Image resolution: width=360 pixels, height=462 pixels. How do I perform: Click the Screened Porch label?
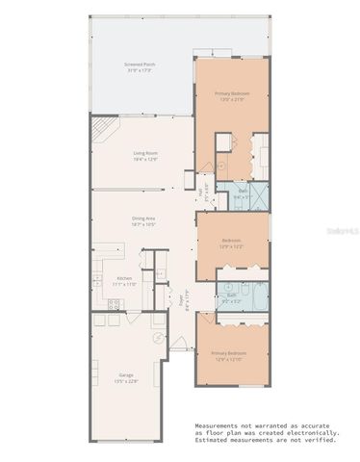point(141,67)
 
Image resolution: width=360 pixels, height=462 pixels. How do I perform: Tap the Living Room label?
point(144,155)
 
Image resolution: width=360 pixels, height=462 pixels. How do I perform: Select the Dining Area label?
point(144,220)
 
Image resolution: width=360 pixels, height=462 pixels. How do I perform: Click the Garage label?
point(126,377)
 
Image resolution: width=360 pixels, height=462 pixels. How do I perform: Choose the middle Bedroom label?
point(231,243)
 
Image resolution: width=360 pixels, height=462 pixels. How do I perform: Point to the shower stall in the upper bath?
point(255,193)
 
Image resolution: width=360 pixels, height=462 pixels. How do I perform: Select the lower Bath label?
point(231,298)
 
